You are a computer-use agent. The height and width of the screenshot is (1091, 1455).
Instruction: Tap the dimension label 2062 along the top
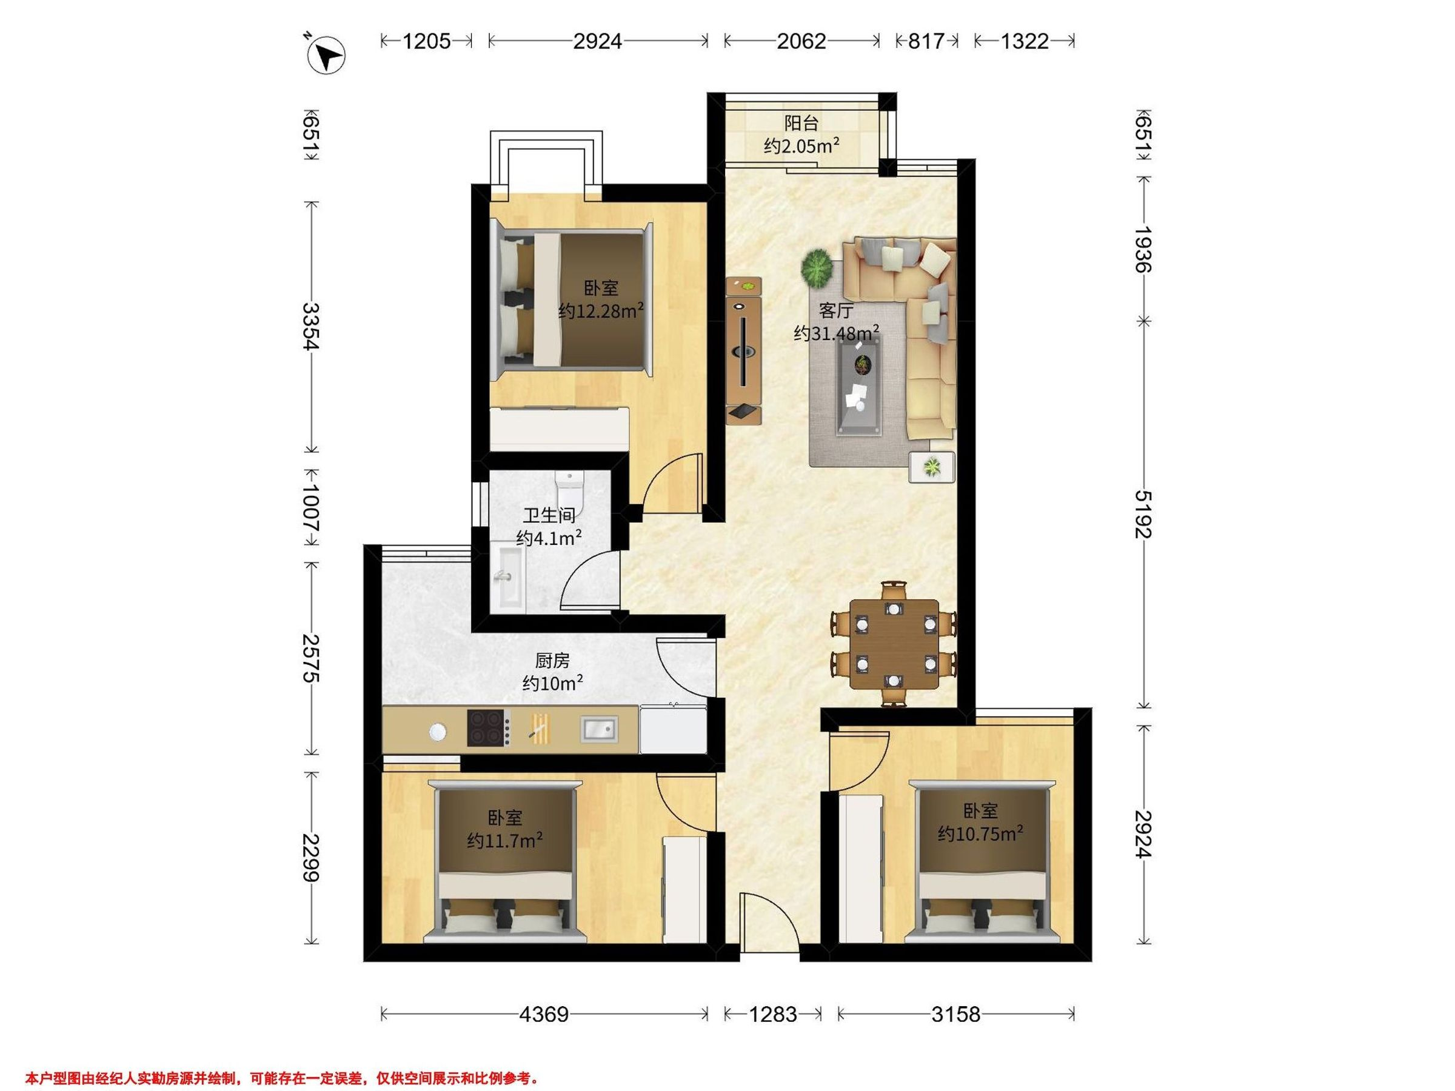[801, 41]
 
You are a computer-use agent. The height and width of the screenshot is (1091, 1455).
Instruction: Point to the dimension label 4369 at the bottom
[544, 1015]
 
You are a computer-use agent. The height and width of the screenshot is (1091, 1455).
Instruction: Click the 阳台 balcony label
[802, 123]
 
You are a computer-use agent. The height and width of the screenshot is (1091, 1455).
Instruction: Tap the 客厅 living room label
[836, 310]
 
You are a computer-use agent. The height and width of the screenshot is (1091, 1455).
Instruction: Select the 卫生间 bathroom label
[549, 515]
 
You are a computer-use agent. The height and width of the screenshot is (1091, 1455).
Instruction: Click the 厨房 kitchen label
[552, 660]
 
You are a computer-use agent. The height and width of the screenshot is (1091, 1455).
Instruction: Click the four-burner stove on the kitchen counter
[489, 728]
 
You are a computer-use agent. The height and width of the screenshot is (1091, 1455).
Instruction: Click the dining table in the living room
[894, 644]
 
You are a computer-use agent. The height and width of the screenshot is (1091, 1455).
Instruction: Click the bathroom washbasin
[510, 577]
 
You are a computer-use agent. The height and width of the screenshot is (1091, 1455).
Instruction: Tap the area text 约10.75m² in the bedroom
[980, 834]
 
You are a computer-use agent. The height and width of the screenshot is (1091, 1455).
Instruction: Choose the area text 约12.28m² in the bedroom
[601, 310]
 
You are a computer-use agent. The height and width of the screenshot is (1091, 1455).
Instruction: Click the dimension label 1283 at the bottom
[774, 1015]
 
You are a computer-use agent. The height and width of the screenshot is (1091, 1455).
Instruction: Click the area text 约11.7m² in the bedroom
[504, 841]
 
